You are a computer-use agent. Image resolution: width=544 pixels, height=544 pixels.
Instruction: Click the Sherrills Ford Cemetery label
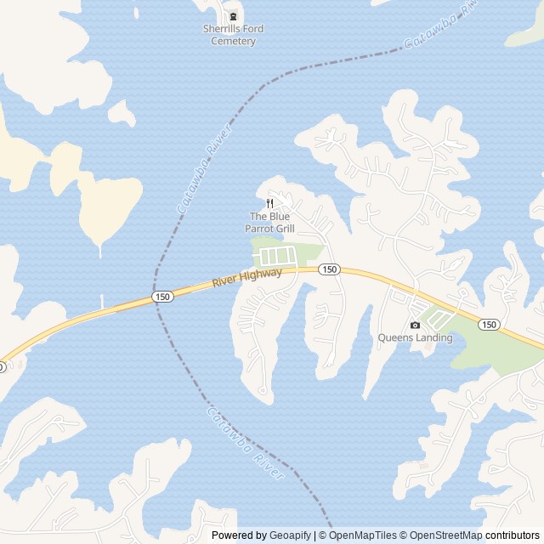click(x=233, y=35)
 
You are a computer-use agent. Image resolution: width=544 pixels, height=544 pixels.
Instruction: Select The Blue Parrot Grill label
click(x=269, y=222)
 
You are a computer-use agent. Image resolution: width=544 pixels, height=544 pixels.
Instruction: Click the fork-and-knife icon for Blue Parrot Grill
click(x=269, y=203)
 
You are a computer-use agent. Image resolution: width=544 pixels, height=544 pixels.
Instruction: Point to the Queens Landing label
click(x=415, y=337)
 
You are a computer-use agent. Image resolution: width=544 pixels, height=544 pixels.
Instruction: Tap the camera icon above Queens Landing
click(x=415, y=325)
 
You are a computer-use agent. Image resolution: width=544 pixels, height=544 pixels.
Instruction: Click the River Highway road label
click(x=246, y=277)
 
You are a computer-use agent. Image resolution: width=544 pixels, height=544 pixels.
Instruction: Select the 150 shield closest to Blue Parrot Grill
click(x=330, y=269)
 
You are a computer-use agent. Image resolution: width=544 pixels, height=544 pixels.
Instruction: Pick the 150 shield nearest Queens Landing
click(x=489, y=325)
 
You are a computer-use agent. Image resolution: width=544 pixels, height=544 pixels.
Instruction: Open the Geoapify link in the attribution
click(x=291, y=535)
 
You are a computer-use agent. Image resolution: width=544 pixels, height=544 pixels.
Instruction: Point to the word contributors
click(x=513, y=535)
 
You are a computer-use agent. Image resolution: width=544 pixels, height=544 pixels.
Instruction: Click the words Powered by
click(x=239, y=535)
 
